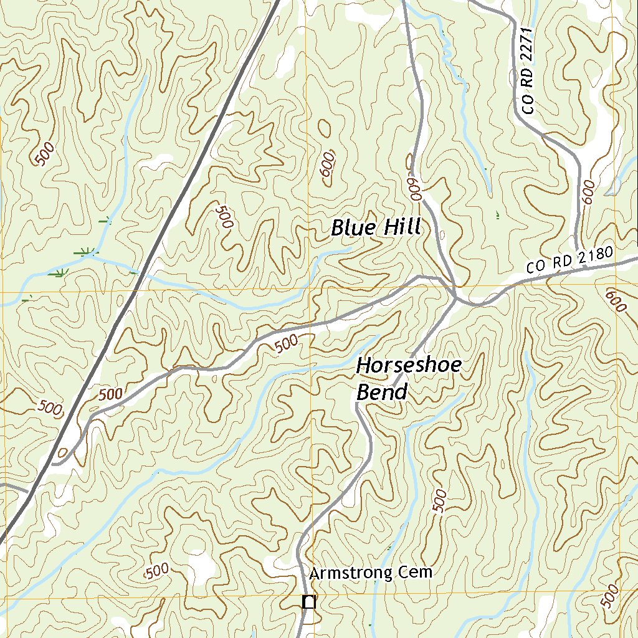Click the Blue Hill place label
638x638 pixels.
tap(376, 227)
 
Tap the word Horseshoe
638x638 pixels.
tap(409, 366)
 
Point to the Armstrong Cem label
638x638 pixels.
tap(370, 573)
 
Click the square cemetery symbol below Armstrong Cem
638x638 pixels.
tap(308, 602)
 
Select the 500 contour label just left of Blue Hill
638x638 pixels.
tap(223, 216)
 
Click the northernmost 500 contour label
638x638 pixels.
tap(45, 153)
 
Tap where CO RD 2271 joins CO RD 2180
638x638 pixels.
tap(577, 252)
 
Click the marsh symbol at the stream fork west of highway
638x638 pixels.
tap(86, 253)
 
